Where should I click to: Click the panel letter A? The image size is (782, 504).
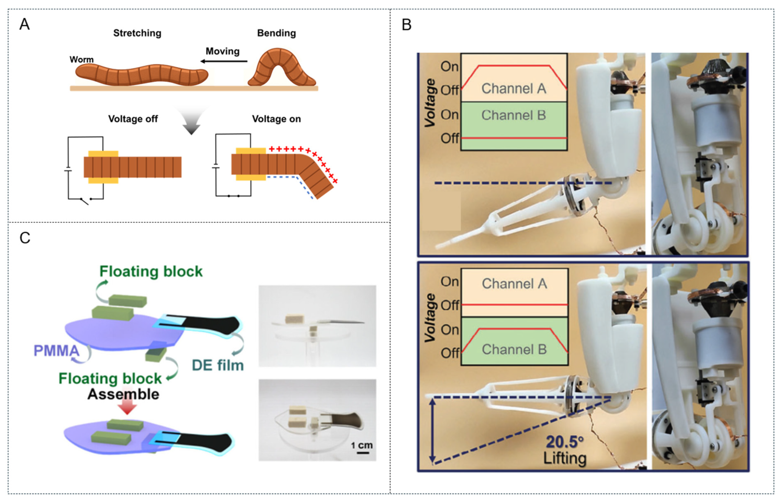coord(24,24)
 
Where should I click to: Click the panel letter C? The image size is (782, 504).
coord(25,238)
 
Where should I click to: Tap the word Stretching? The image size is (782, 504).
coord(137,33)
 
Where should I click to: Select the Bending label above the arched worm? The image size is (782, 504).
coord(276,33)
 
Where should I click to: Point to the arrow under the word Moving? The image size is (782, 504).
coord(224,61)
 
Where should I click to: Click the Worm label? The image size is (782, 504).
coord(81,60)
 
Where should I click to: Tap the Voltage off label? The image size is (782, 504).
coord(133,119)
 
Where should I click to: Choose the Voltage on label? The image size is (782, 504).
coord(276,119)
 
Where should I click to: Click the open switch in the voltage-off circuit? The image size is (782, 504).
coord(85,201)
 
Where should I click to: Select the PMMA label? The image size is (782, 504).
coord(56,351)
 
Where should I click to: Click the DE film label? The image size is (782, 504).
coord(218,366)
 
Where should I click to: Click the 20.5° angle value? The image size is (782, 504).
coord(565,442)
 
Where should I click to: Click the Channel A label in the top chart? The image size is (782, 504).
coord(514,88)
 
